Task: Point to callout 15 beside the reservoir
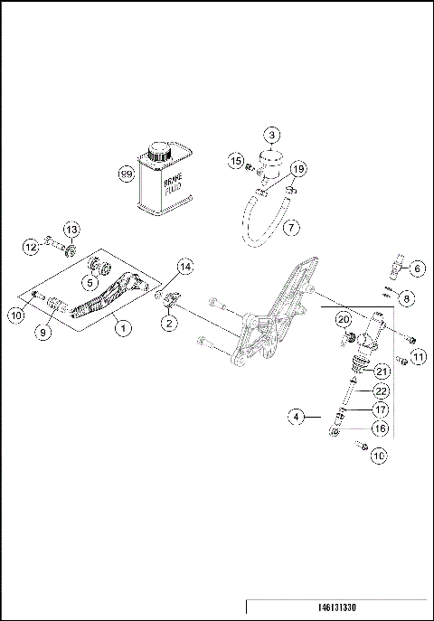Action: (x=237, y=161)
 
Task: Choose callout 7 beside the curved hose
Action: (x=290, y=227)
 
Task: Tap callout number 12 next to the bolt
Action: (x=31, y=244)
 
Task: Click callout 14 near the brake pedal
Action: (x=184, y=267)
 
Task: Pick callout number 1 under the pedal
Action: (x=121, y=328)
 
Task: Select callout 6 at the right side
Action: (x=417, y=268)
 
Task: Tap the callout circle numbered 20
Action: (x=344, y=319)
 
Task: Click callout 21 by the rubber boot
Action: (x=381, y=371)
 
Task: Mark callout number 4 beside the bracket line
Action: (x=295, y=417)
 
